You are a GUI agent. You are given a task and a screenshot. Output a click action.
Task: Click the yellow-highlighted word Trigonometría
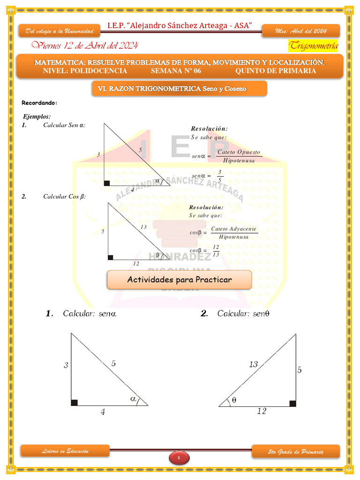point(313,45)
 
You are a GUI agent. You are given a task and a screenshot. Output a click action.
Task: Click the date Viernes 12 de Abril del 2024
point(84,45)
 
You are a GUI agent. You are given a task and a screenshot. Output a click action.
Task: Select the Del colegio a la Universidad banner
point(60,31)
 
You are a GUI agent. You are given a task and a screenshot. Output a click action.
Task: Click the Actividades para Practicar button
point(180,280)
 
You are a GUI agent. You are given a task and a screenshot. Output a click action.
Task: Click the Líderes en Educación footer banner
point(65,451)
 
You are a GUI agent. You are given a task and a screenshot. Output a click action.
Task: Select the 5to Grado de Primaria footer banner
point(295,452)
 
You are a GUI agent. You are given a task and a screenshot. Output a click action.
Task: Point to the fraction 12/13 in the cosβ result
point(216,251)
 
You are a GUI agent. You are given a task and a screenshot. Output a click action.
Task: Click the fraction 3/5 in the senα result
point(219,176)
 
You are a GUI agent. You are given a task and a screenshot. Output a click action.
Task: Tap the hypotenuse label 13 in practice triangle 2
point(253,364)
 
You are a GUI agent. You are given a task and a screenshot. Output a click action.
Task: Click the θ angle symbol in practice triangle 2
point(234,400)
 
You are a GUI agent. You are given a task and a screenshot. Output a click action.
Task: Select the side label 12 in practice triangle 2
point(262,411)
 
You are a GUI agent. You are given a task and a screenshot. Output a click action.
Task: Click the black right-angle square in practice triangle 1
point(74,403)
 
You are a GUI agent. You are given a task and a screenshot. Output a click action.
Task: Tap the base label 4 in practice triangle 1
point(103,412)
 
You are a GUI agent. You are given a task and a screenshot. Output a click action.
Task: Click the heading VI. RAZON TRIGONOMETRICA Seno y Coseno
point(179,88)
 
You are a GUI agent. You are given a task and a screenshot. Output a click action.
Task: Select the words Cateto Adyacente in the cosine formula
point(233,229)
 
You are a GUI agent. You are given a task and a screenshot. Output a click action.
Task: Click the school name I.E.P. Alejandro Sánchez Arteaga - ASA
point(180,25)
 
